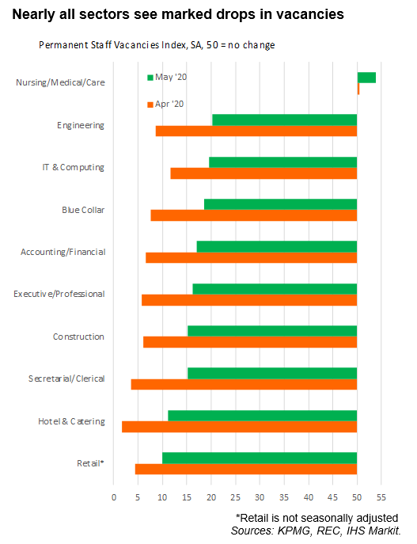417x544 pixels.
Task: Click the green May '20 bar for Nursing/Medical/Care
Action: click(366, 78)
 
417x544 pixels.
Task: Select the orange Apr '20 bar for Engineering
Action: click(256, 131)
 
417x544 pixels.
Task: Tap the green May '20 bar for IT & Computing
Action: click(282, 162)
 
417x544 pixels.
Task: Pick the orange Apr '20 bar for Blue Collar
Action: click(254, 215)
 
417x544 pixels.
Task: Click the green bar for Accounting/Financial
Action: click(277, 247)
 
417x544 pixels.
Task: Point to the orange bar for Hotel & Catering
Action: click(240, 427)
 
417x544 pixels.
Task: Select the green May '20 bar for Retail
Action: click(260, 458)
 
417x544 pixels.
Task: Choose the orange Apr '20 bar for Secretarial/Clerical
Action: click(244, 384)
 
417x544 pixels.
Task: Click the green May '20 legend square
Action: click(150, 78)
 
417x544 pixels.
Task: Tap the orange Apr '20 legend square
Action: click(150, 105)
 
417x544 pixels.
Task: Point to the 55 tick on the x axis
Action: click(381, 497)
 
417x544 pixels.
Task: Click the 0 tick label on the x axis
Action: click(114, 497)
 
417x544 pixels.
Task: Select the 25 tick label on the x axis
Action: click(235, 497)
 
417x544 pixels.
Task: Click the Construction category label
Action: click(78, 337)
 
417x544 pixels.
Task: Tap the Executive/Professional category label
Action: click(59, 294)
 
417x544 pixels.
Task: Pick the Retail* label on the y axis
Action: click(90, 463)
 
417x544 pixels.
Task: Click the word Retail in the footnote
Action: click(254, 518)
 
